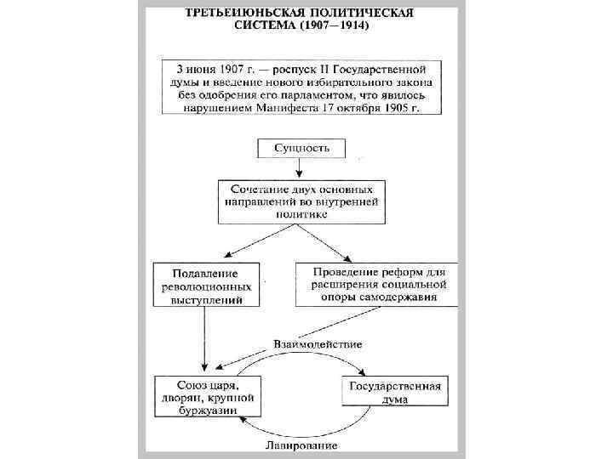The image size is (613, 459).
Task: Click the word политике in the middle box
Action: point(302,215)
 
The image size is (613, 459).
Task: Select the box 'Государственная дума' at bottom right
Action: point(393,393)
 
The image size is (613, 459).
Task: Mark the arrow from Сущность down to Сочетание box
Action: point(299,169)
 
